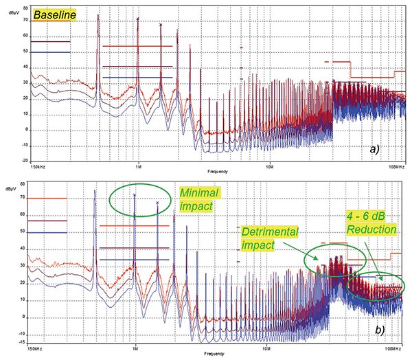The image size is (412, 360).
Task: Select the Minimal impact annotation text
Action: [198, 199]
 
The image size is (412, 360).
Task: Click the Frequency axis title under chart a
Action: [210, 170]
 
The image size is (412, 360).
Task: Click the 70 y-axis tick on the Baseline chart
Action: [24, 20]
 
